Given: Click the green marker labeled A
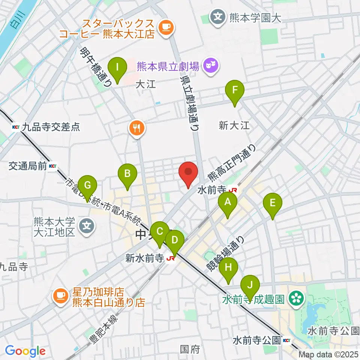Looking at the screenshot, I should tap(228, 204).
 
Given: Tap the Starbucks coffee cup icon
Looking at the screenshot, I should tap(165, 27).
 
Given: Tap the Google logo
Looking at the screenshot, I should tap(25, 351).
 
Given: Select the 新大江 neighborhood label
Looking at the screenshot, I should tap(234, 126).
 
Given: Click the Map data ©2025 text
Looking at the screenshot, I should tap(328, 354).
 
